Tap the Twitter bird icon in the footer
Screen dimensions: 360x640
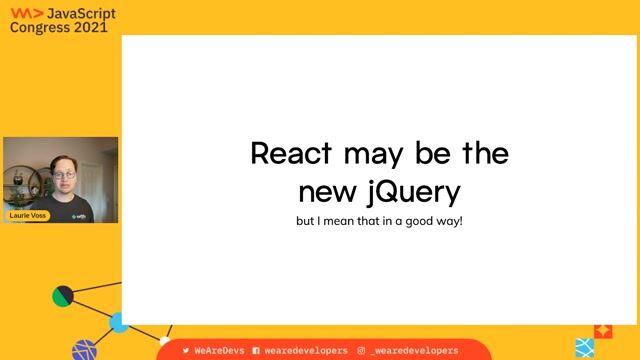point(186,351)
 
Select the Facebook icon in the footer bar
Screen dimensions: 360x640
point(256,351)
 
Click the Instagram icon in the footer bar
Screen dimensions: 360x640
point(361,351)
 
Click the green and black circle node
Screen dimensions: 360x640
point(63,296)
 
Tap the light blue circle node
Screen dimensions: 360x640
point(119,322)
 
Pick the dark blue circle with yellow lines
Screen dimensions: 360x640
point(85,350)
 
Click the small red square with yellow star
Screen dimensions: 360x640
point(603,329)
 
